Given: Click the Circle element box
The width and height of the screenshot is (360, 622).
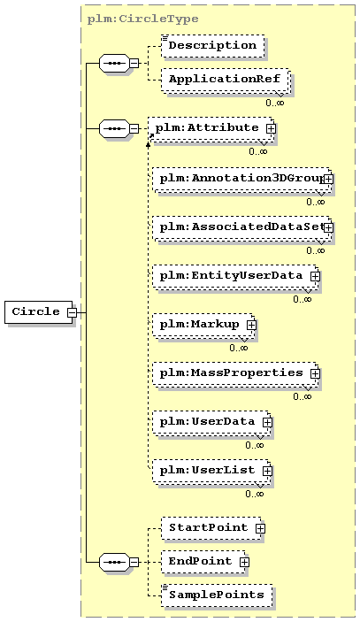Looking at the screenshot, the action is coord(39,312).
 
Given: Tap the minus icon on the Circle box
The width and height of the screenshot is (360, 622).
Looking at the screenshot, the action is coord(72,312).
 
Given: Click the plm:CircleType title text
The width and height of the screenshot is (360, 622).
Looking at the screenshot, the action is coord(142,19).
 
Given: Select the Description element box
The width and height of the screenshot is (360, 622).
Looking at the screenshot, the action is coord(213,46).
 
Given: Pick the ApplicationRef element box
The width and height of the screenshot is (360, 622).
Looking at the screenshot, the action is coord(226,81).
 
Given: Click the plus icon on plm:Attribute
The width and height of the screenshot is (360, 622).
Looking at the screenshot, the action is coord(271,128).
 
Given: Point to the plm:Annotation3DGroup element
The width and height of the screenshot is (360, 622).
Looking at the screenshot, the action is coord(242,180).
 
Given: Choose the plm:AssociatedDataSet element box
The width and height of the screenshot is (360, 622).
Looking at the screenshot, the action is coord(242,229).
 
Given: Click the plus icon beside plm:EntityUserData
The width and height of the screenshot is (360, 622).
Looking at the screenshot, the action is coord(315,276).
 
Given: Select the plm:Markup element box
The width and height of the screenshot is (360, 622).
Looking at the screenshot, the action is coord(204,326).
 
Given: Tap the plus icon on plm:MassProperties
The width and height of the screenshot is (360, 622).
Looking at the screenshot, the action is coord(315,373).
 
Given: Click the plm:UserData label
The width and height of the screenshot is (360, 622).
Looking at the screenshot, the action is coord(207,421).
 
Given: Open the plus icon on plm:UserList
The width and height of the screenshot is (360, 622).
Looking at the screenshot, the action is coord(268,471).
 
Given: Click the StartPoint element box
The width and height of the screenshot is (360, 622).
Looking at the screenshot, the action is coord(213,528).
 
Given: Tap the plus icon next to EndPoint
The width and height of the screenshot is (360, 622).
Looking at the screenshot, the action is coord(244,562).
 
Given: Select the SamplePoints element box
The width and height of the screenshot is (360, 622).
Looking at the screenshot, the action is coord(217,595).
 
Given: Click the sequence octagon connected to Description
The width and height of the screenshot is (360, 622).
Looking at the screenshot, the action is coord(114,63).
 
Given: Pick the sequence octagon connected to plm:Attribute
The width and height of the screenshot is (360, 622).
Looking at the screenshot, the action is coord(114,128).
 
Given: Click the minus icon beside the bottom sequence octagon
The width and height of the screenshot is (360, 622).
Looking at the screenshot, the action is coord(134,562).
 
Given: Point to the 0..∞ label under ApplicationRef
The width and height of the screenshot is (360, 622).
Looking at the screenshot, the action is coord(275,103).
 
